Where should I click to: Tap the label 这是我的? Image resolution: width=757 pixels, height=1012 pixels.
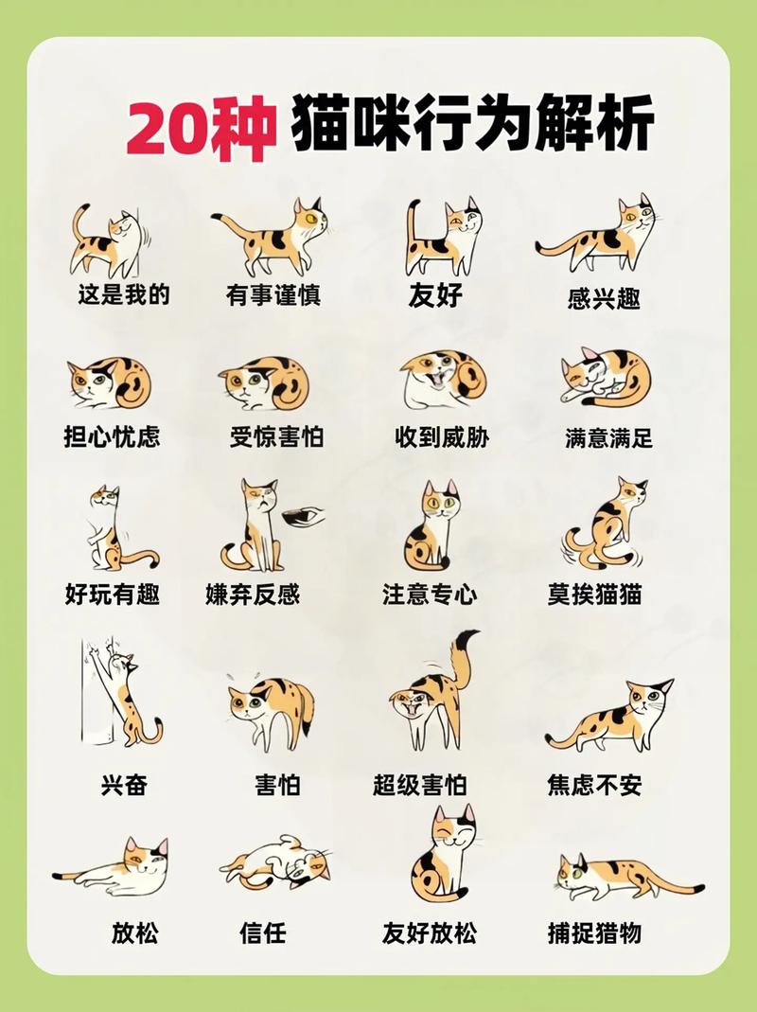pyautogui.click(x=124, y=294)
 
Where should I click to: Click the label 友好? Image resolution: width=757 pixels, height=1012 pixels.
pyautogui.click(x=435, y=295)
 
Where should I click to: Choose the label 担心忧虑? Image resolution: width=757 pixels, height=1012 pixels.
pyautogui.click(x=113, y=436)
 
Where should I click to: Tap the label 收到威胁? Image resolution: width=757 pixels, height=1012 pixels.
pyautogui.click(x=441, y=436)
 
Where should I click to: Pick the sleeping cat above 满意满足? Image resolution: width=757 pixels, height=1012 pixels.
pyautogui.click(x=607, y=377)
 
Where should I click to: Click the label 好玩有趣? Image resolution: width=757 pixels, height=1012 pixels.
pyautogui.click(x=113, y=594)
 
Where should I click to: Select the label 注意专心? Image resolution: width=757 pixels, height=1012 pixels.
pyautogui.click(x=430, y=594)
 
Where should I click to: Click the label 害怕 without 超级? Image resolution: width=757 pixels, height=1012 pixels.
pyautogui.click(x=277, y=785)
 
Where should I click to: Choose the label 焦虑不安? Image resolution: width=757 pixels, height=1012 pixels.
pyautogui.click(x=595, y=785)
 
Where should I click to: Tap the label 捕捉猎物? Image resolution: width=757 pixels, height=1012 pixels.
pyautogui.click(x=595, y=932)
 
